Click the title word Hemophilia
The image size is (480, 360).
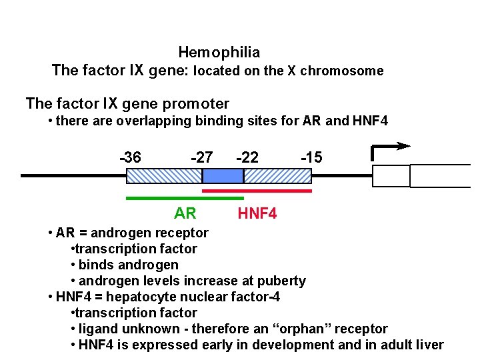(219, 52)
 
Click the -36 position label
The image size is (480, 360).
(130, 157)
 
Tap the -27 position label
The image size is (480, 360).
(201, 157)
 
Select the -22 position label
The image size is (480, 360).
(247, 157)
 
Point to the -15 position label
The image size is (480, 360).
(311, 157)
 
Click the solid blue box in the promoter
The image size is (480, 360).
(223, 176)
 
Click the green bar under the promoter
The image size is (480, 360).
(185, 197)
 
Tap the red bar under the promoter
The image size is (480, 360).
(257, 191)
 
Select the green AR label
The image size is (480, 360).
(185, 213)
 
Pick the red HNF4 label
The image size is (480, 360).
(257, 213)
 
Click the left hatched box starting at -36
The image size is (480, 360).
(164, 176)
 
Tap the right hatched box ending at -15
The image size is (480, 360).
(277, 176)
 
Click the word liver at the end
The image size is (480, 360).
(429, 345)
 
